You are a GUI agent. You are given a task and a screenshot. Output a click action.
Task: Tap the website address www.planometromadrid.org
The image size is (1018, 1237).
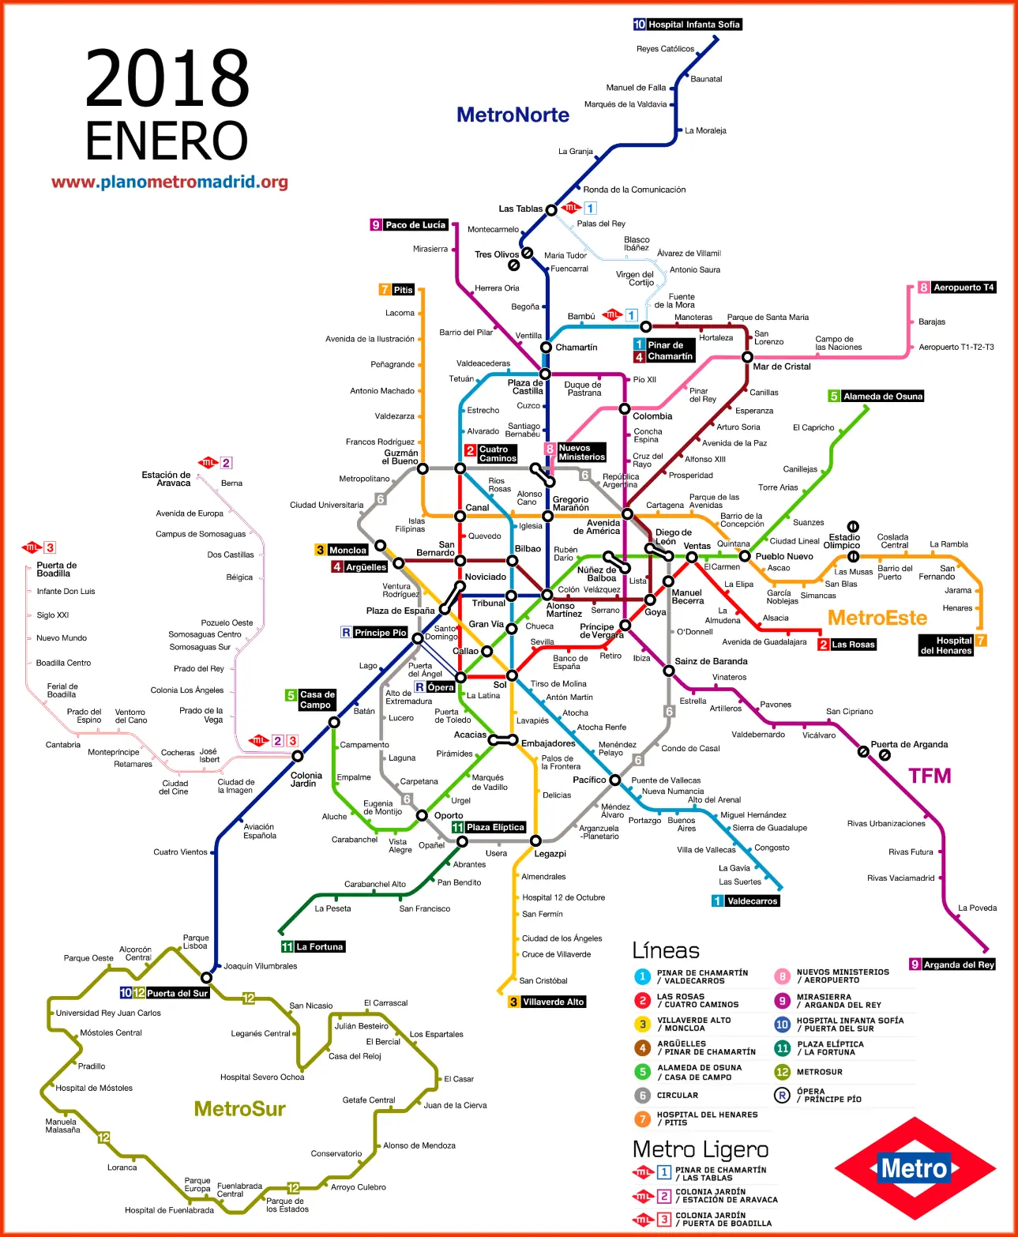170,182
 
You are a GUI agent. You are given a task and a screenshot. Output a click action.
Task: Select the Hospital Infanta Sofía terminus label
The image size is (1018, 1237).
693,24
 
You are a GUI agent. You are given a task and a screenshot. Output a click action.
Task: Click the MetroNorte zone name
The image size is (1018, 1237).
513,115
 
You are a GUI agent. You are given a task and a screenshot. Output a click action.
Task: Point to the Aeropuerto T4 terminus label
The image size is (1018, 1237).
963,288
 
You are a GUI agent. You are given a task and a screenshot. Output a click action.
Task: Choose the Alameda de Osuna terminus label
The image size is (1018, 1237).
882,397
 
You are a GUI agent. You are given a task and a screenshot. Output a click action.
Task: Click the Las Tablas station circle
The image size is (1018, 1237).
551,210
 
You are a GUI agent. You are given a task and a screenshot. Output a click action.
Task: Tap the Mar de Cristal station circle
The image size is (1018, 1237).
747,357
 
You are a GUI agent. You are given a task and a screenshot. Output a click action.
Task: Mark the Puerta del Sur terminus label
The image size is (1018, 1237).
177,993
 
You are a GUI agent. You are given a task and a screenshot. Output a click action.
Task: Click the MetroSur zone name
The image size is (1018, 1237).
239,1109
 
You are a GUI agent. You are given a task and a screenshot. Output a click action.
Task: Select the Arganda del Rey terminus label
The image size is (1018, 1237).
958,964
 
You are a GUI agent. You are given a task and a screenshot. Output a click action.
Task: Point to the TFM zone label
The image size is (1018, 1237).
930,776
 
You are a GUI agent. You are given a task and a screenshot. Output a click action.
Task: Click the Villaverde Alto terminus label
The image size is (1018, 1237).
553,1002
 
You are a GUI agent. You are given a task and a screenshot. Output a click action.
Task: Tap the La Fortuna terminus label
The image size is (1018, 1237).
319,946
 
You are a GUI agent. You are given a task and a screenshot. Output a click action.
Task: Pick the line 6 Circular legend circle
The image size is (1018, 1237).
642,1096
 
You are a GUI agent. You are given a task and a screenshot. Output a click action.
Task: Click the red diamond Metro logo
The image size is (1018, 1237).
915,1168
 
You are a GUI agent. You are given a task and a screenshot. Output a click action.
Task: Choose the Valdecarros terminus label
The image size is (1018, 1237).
752,901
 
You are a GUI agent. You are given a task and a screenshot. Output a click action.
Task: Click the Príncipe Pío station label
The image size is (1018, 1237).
380,633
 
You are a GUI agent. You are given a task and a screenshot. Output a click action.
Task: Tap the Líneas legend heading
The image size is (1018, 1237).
665,950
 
